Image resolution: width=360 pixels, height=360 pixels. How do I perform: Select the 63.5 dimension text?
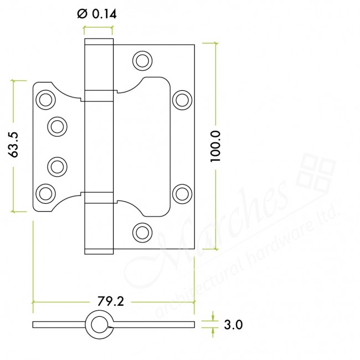[x=16, y=145]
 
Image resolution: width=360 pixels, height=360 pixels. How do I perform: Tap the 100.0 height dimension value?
[x=216, y=146]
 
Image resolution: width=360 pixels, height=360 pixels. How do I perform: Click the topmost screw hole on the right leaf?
[x=142, y=60]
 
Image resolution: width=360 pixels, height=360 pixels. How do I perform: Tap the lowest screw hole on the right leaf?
[x=142, y=232]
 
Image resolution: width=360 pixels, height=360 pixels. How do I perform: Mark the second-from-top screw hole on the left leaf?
[x=56, y=126]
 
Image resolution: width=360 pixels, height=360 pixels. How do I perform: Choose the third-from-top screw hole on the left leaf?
[x=56, y=166]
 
